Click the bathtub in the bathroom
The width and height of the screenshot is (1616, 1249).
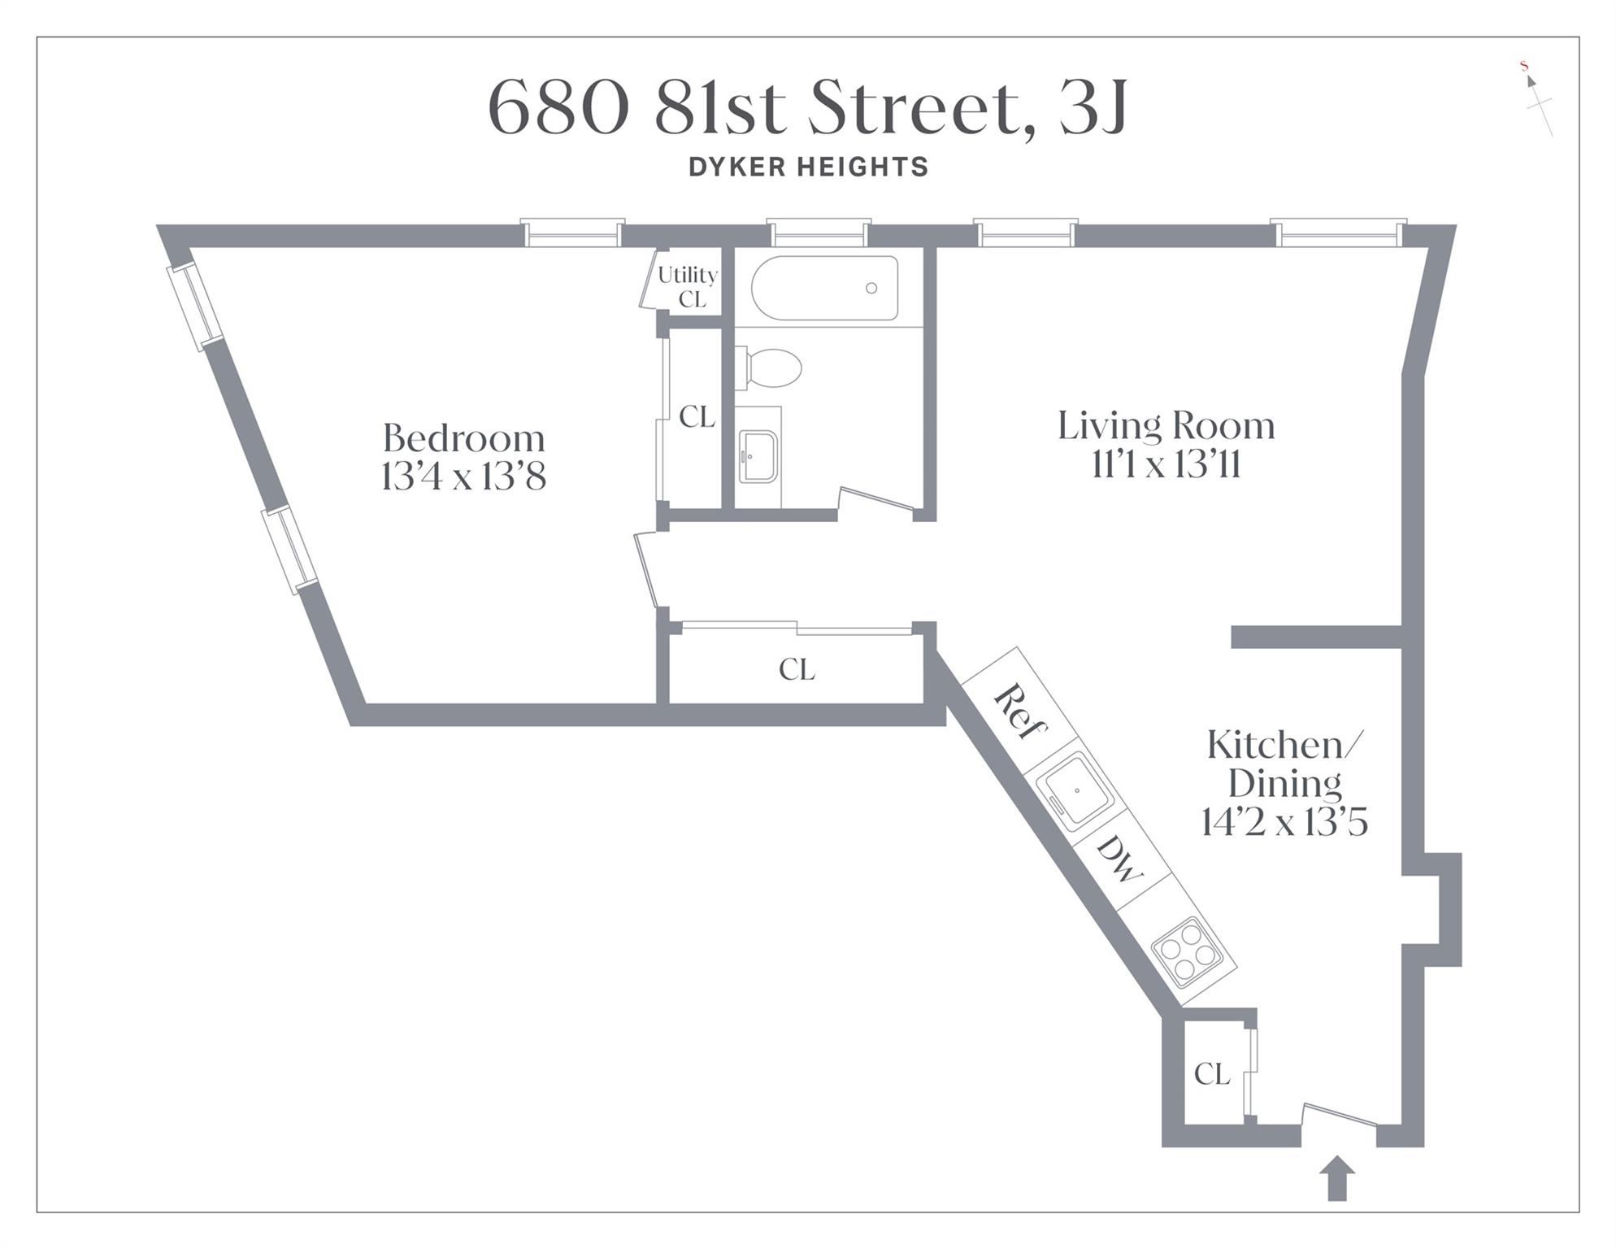coord(824,288)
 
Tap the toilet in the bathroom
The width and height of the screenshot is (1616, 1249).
coord(770,368)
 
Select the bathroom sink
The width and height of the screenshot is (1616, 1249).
coord(758,456)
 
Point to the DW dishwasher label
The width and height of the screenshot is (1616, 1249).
coord(1120,860)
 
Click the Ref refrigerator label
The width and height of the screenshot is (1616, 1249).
coord(1019,712)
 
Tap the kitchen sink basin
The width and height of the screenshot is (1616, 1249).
coord(1076,790)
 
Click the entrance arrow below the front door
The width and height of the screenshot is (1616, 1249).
coord(1336,1178)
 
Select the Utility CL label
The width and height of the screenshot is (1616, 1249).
coord(688,287)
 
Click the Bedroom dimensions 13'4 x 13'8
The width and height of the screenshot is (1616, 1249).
coord(463,477)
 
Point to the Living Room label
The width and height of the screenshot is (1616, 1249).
coord(1166,426)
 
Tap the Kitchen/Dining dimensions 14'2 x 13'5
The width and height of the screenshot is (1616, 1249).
coord(1284,822)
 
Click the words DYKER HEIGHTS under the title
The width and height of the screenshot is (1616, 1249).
coord(808,167)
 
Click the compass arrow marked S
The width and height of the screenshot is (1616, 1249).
coord(1531,81)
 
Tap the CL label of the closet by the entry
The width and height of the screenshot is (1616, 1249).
coord(1212,1074)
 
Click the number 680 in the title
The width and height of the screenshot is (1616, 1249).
coord(558,108)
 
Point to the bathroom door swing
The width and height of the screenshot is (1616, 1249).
coord(876,499)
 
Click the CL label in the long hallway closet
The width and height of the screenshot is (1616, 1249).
coord(796,669)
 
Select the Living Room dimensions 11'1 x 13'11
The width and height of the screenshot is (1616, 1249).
coord(1166,465)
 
